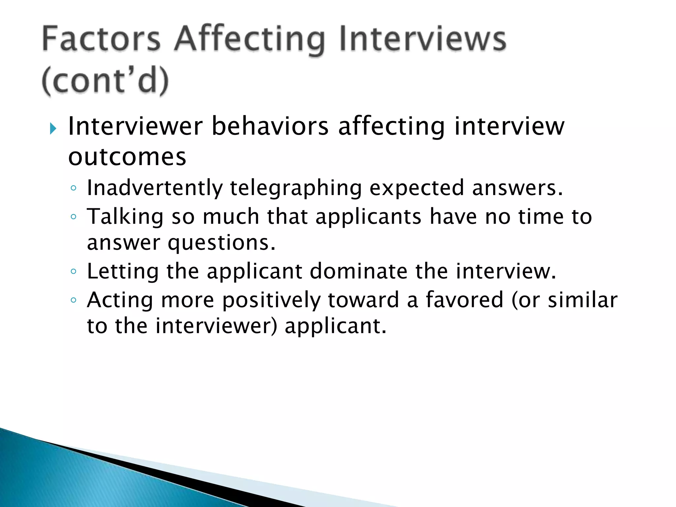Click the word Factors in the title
tap(101, 39)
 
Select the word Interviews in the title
tap(422, 39)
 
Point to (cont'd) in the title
tap(105, 81)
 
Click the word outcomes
tap(127, 157)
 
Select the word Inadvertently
tap(155, 188)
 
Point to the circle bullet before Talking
tap(74, 217)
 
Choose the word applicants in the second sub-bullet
tap(368, 217)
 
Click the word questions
tap(221, 243)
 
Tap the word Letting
tap(123, 272)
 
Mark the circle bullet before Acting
tap(74, 300)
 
